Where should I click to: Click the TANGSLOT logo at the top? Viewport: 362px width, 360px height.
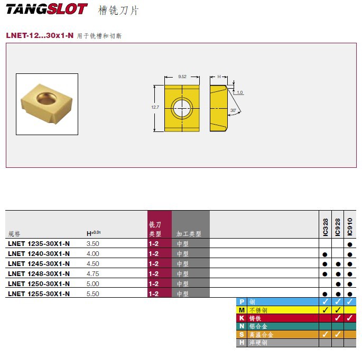[x=47, y=10]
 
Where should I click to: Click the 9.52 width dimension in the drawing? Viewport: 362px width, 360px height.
[x=182, y=77]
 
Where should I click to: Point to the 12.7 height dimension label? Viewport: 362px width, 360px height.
[x=155, y=107]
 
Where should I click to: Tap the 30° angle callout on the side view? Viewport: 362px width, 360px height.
[x=233, y=110]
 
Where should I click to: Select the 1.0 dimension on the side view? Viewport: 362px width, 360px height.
[x=240, y=92]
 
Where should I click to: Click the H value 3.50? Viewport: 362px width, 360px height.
[x=92, y=244]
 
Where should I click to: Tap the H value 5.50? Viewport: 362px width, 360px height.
[x=92, y=294]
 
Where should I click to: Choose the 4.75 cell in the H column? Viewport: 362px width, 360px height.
[x=92, y=274]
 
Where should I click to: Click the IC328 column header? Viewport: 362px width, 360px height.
[x=325, y=228]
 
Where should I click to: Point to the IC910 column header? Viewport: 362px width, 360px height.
[x=350, y=226]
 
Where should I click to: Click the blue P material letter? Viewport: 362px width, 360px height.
[x=242, y=301]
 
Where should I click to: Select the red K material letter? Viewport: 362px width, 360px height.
[x=242, y=318]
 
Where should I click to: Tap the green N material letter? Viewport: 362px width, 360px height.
[x=242, y=326]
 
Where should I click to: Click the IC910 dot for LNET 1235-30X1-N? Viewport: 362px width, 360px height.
[x=350, y=244]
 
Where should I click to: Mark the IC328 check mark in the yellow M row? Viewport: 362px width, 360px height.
[x=325, y=310]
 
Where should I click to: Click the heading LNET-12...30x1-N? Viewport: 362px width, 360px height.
[x=40, y=36]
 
